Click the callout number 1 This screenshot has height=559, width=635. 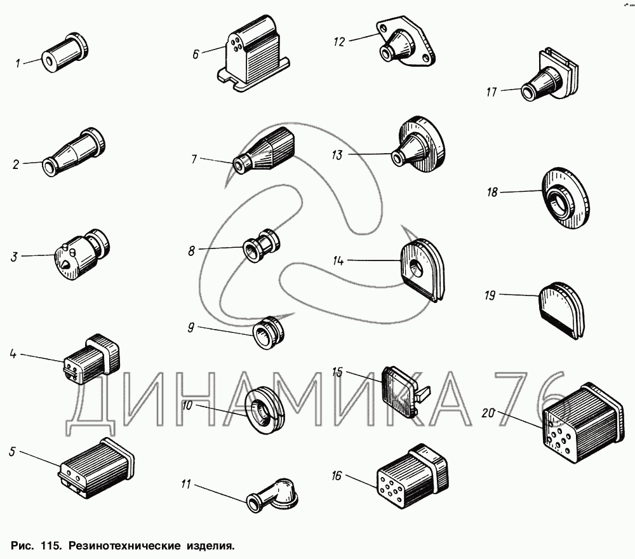18,63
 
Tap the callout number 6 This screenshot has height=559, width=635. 196,54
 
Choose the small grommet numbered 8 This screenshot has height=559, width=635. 261,246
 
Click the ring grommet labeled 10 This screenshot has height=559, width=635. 264,408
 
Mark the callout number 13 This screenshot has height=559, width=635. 337,154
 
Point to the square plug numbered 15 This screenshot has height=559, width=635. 400,388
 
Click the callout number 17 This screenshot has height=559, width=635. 491,92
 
